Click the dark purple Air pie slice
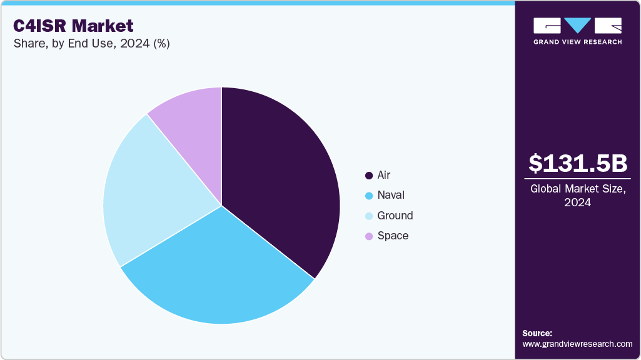pyautogui.click(x=281, y=181)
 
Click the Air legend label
pyautogui.click(x=384, y=176)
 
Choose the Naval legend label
pyautogui.click(x=391, y=196)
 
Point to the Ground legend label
pyautogui.click(x=395, y=216)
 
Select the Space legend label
pyautogui.click(x=393, y=236)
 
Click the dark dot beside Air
pyautogui.click(x=369, y=176)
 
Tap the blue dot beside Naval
pyautogui.click(x=369, y=196)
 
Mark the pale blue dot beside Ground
pyautogui.click(x=369, y=216)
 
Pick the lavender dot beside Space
pyautogui.click(x=369, y=236)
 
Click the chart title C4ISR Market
pyautogui.click(x=73, y=26)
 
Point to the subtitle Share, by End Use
pyautogui.click(x=91, y=44)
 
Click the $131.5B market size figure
pyautogui.click(x=577, y=163)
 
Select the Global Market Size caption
pyautogui.click(x=577, y=195)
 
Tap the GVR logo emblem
pyautogui.click(x=577, y=26)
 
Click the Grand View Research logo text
pyautogui.click(x=577, y=42)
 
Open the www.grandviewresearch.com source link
pyautogui.click(x=577, y=344)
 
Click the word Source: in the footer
pyautogui.click(x=537, y=333)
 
